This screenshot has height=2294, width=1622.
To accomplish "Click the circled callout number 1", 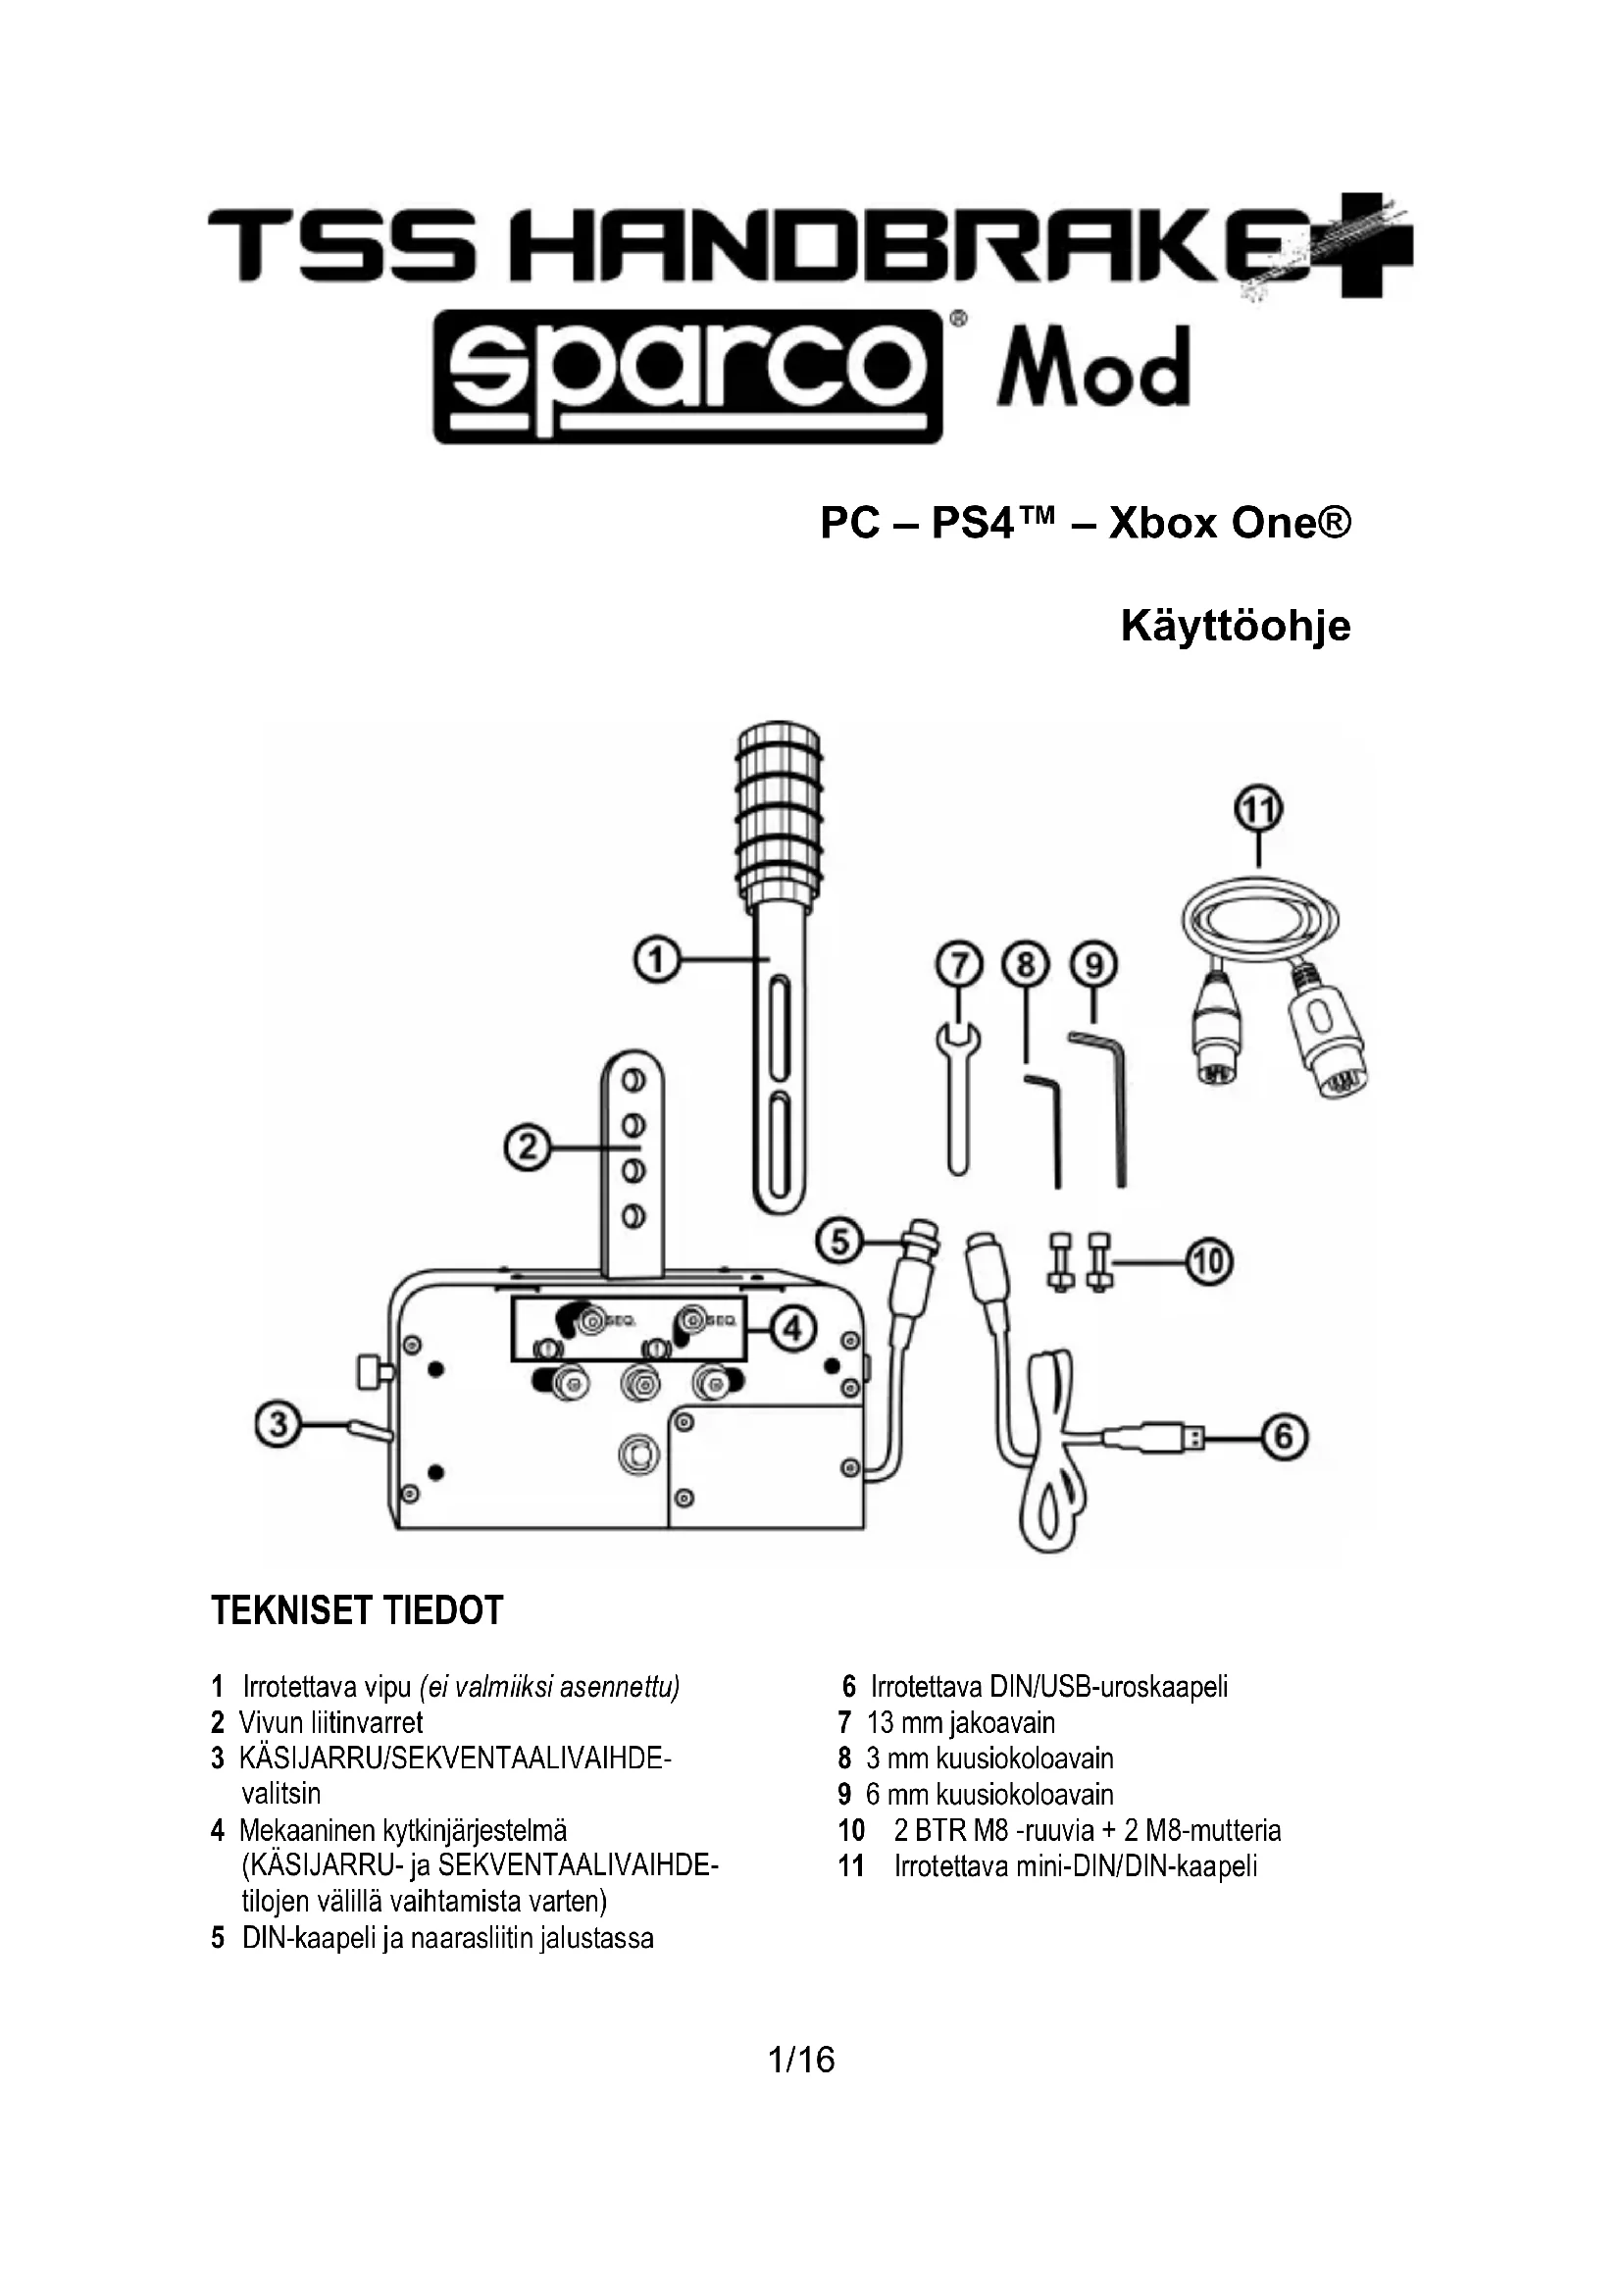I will pyautogui.click(x=657, y=961).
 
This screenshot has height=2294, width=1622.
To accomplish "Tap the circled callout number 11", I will pyautogui.click(x=1258, y=808).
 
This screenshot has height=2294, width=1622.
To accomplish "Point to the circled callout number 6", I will pyautogui.click(x=1285, y=1438).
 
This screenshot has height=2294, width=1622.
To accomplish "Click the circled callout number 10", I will pyautogui.click(x=1208, y=1262).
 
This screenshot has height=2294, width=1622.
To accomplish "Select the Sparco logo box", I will pyautogui.click(x=688, y=377).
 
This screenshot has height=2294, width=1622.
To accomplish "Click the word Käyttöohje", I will pyautogui.click(x=1235, y=627).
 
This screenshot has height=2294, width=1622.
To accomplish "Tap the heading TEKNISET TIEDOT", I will pyautogui.click(x=357, y=1610).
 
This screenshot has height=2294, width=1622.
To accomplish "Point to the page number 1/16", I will pyautogui.click(x=801, y=2060).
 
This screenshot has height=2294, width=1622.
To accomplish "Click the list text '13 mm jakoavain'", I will pyautogui.click(x=960, y=1722).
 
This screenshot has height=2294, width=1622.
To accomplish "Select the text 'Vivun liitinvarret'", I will pyautogui.click(x=330, y=1722).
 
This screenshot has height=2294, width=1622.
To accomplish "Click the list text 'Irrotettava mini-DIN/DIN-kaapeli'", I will pyautogui.click(x=1076, y=1866).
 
